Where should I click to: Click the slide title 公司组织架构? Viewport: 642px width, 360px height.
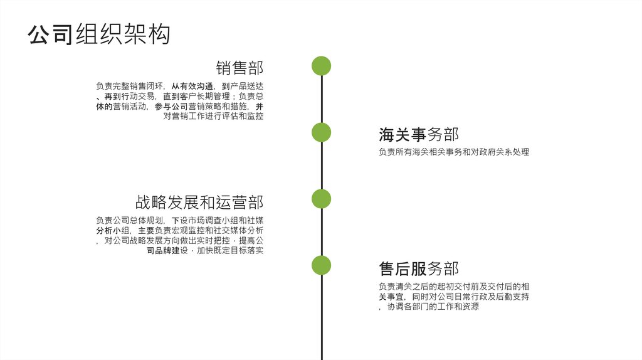(x=99, y=34)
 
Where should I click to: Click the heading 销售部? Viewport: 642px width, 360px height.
(x=239, y=68)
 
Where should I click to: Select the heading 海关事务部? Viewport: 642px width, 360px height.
(x=418, y=134)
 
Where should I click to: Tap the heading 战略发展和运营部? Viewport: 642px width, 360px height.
(x=199, y=202)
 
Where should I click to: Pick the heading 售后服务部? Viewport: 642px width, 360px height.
(x=418, y=269)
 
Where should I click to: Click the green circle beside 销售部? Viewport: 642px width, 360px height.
(x=321, y=66)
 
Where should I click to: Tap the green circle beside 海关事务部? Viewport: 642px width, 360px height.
(x=321, y=132)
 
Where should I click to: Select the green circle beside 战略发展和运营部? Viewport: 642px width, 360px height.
(x=321, y=199)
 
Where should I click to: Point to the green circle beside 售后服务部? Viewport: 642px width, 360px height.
(x=321, y=265)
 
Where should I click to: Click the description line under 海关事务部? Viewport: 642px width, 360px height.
(x=454, y=152)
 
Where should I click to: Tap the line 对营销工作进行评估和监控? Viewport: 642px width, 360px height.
(x=213, y=116)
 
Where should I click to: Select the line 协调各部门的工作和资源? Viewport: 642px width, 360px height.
(x=433, y=307)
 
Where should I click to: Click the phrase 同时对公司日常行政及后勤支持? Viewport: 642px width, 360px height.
(x=471, y=297)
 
